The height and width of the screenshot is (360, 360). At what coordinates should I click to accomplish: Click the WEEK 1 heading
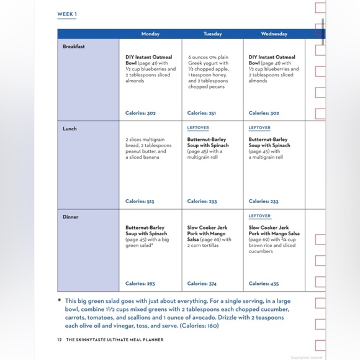68,14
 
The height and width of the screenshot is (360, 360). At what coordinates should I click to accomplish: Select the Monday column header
150,34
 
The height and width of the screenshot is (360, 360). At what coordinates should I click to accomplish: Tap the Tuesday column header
212,34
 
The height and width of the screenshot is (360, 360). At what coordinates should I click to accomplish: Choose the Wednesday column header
274,34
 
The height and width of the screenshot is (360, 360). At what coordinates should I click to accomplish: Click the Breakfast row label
74,47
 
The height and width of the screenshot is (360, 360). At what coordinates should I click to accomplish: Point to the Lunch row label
70,128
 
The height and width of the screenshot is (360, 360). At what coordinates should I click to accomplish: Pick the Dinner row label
70,217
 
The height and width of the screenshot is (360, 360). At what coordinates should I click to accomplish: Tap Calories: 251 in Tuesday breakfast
202,113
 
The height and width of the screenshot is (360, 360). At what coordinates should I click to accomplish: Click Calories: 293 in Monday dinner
140,284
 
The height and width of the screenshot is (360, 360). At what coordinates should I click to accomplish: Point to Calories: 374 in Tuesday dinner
202,284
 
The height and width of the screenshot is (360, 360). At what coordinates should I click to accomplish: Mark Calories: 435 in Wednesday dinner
264,284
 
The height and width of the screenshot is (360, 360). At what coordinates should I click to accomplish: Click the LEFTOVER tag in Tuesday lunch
198,128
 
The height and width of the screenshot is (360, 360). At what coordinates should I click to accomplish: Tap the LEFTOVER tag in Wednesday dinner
259,216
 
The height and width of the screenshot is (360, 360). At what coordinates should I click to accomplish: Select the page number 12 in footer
60,339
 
